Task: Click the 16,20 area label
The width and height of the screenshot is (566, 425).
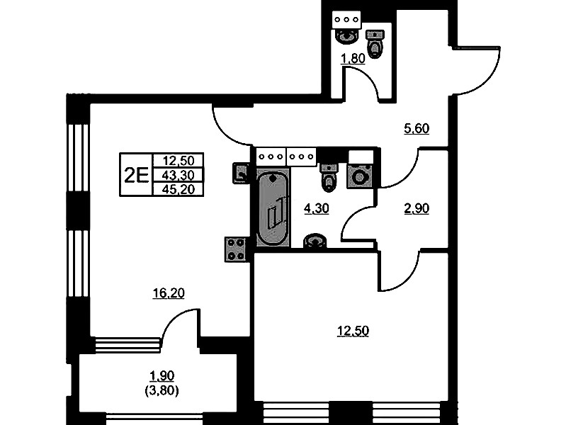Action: point(169,293)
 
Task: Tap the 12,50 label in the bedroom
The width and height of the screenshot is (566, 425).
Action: point(353,331)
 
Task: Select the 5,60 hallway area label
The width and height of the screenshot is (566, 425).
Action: point(417,128)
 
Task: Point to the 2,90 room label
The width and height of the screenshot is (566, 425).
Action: point(417,208)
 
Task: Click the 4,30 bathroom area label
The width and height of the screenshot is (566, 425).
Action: point(317,208)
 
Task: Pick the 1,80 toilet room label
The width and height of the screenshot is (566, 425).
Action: point(353,58)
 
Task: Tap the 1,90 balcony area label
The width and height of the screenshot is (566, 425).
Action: point(162,376)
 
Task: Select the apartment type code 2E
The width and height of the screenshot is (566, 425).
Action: point(137,176)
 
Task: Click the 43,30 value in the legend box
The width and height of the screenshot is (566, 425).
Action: point(179,175)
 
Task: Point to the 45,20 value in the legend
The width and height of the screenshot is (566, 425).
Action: point(179,189)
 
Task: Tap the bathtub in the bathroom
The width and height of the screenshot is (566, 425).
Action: point(273,208)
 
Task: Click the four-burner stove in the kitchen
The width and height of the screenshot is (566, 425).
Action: point(236,249)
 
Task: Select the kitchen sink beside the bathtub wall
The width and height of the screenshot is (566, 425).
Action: point(241,174)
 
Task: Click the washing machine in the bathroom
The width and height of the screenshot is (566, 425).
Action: point(359,176)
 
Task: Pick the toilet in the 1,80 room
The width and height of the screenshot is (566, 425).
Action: point(375,44)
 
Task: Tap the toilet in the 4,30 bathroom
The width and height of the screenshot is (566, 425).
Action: point(329,178)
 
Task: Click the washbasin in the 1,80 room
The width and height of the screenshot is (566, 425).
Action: point(347,36)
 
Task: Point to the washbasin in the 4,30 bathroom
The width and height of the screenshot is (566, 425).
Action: point(315,241)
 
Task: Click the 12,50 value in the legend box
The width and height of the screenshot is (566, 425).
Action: point(179,160)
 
